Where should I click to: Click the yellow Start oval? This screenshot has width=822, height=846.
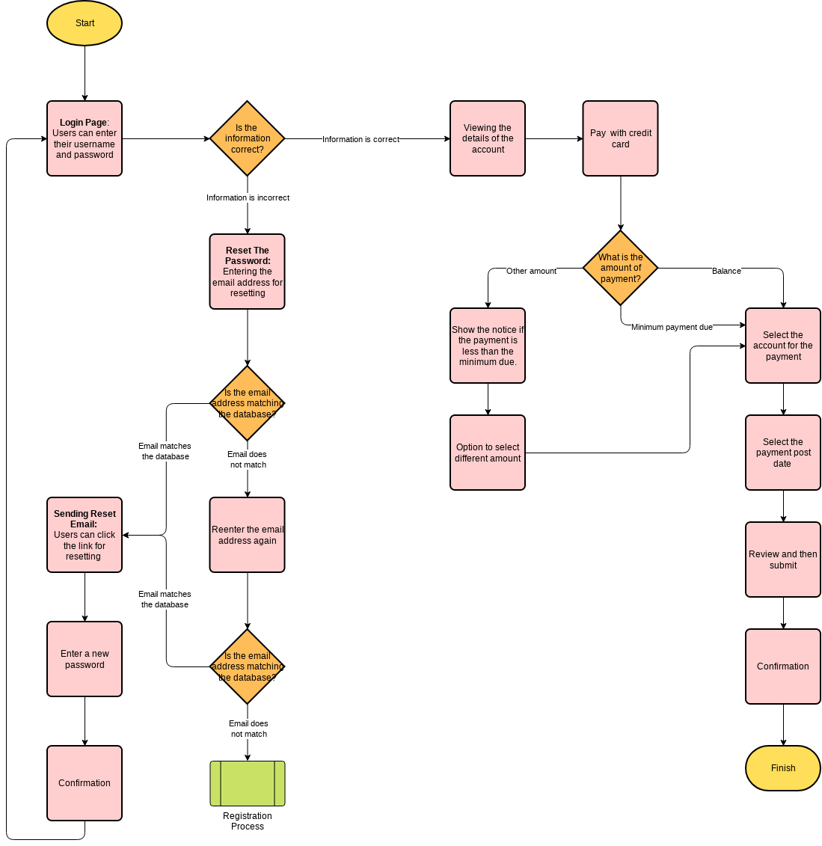[x=85, y=23]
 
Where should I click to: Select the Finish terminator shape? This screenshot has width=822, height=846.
[x=782, y=767]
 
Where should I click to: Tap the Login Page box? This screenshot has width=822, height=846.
[x=85, y=138]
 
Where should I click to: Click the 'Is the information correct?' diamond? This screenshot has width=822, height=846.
[x=247, y=138]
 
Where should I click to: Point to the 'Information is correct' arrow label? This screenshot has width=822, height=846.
[x=361, y=139]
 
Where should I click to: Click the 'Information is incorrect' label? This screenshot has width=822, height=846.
[x=248, y=197]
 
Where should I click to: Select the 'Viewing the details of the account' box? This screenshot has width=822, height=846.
[x=488, y=138]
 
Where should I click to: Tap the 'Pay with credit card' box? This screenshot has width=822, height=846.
[x=620, y=138]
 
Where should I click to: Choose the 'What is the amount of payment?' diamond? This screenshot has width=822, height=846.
[x=620, y=268]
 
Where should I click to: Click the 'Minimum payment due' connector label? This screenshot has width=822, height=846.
[x=672, y=327]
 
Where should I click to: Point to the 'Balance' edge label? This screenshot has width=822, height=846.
[x=726, y=271]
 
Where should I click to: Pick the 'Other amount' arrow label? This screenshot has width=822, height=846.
[x=531, y=271]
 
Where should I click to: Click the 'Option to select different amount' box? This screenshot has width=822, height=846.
[x=488, y=453]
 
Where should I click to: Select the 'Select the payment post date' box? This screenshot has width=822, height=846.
[x=782, y=453]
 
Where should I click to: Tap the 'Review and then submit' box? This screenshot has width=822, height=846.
[x=782, y=560]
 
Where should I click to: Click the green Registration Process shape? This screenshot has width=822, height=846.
[x=247, y=783]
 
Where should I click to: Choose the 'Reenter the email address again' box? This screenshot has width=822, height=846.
[x=247, y=535]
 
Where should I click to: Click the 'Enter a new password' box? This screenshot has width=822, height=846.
[x=85, y=659]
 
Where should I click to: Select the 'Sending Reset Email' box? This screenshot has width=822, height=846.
[x=85, y=535]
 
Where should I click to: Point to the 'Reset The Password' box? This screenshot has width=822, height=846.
[x=247, y=272]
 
